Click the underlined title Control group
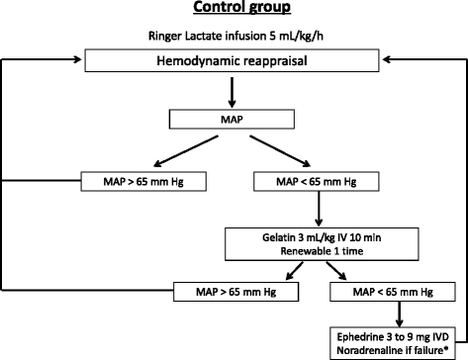coord(234,12)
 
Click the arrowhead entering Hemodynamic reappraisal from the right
coord(390,61)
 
